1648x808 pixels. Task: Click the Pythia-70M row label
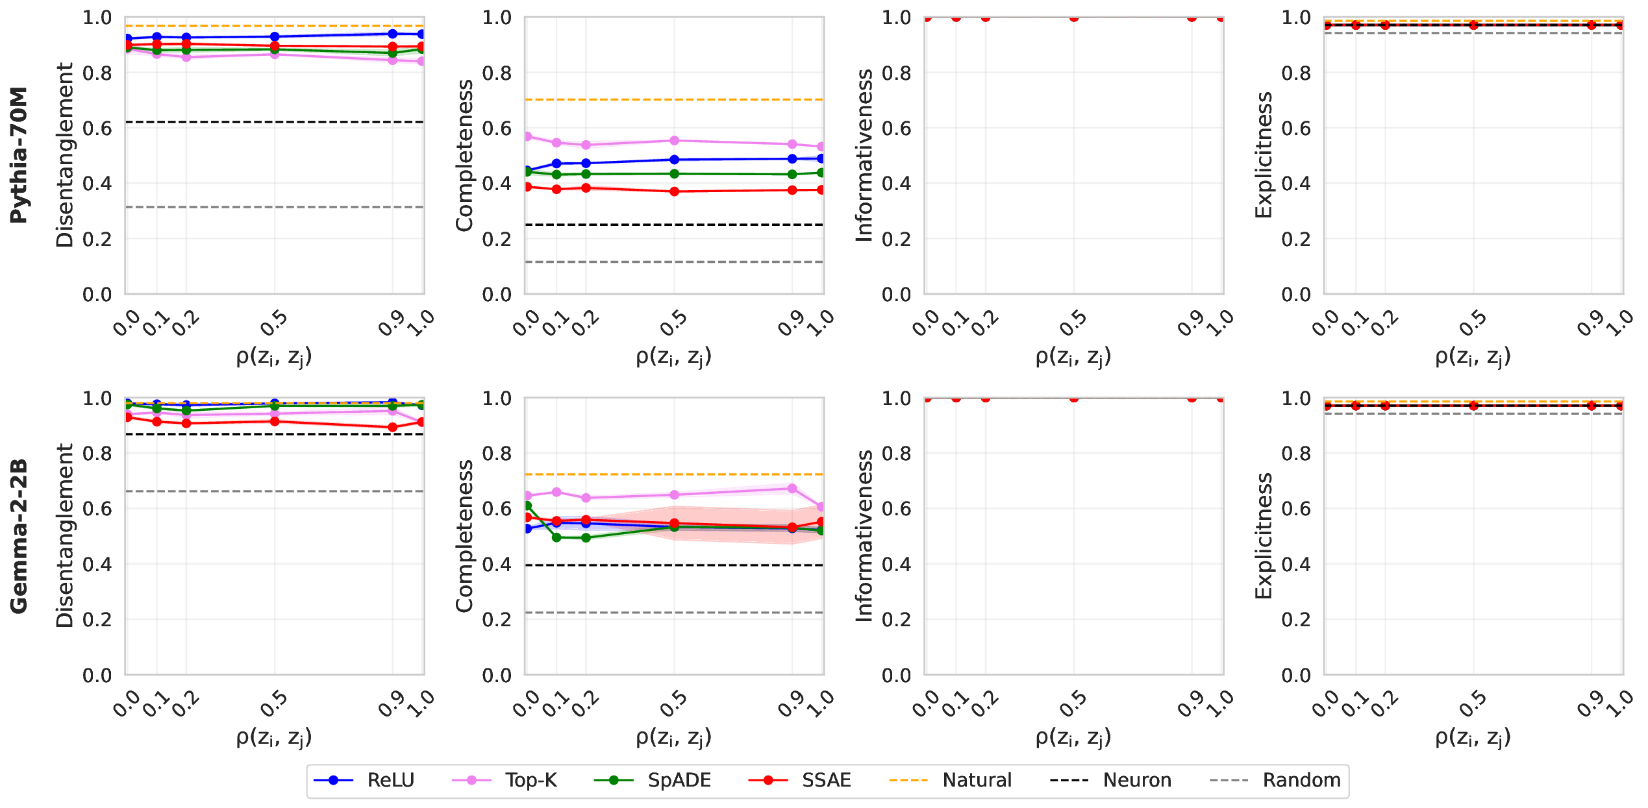(x=19, y=155)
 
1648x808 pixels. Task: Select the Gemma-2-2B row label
(x=19, y=536)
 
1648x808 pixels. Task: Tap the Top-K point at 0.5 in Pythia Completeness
(x=675, y=141)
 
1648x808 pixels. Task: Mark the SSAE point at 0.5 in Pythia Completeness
(x=675, y=191)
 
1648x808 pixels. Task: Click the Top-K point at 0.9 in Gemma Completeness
(x=792, y=489)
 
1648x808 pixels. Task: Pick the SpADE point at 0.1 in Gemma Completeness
(x=556, y=537)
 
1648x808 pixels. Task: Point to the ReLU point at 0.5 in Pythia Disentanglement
(x=275, y=37)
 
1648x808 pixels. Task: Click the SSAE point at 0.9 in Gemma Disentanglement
(x=392, y=428)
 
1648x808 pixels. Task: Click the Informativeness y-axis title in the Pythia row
(x=864, y=156)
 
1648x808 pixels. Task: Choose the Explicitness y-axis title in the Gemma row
(x=1264, y=536)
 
